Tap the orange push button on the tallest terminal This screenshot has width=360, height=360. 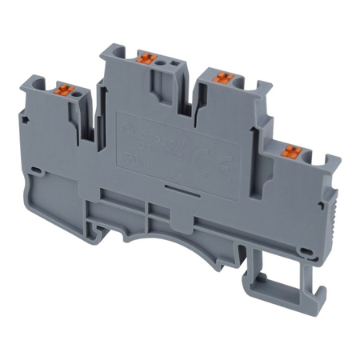tap(146, 58)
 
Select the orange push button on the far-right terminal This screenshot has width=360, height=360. tap(290, 150)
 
